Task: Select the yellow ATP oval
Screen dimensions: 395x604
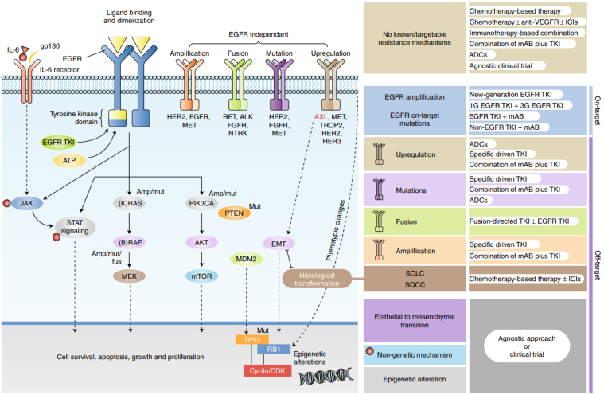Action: [x=69, y=161]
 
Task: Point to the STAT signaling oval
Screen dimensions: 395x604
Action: [x=76, y=228]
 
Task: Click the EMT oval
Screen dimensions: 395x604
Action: [x=279, y=243]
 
